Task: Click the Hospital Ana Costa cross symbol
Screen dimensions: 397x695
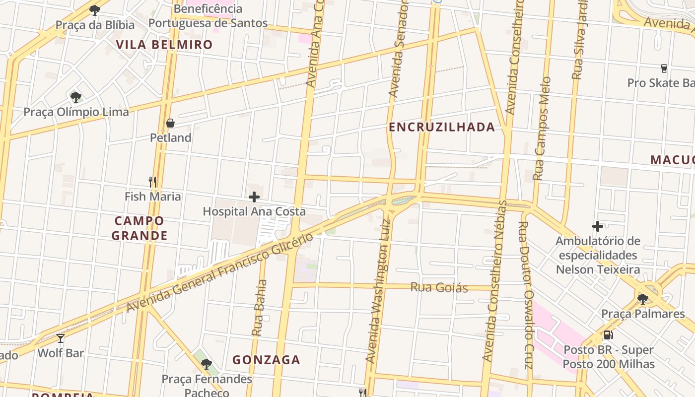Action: (254, 197)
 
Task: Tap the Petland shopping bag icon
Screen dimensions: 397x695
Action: (170, 123)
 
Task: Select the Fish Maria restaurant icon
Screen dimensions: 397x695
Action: (152, 182)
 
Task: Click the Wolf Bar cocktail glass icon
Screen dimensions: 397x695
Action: (61, 338)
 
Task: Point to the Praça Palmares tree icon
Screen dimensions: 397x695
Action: (643, 299)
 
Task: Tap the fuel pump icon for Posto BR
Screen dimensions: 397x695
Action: (608, 335)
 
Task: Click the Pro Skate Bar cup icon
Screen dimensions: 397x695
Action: (664, 68)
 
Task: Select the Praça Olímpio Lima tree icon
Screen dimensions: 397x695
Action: (75, 97)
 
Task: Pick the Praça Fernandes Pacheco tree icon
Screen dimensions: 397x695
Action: (207, 364)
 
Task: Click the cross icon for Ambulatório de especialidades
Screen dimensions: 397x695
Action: (598, 226)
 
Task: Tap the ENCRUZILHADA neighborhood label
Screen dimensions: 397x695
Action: (442, 127)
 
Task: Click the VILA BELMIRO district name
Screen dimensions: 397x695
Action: (164, 45)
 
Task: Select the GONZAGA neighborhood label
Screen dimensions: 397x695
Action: (267, 360)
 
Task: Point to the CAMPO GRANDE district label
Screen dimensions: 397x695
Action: (139, 228)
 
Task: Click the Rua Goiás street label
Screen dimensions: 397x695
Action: (439, 287)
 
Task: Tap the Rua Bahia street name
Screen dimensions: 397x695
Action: (260, 308)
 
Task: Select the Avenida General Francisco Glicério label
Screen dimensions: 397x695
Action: (220, 272)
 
